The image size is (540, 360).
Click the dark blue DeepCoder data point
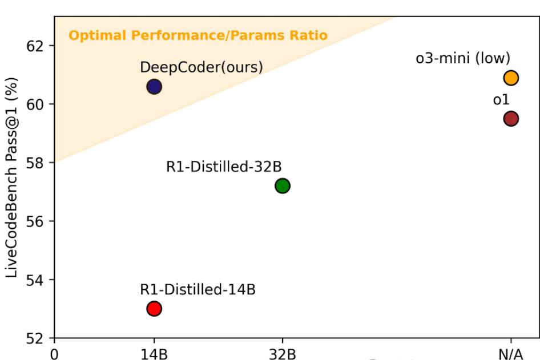pyautogui.click(x=154, y=87)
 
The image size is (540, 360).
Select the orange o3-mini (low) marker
pyautogui.click(x=511, y=78)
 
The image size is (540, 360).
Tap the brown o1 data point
pyautogui.click(x=511, y=119)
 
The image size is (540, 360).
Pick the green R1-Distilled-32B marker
pyautogui.click(x=283, y=185)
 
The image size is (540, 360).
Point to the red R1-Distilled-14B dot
pyautogui.click(x=154, y=309)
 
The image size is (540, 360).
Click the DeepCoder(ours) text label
pyautogui.click(x=202, y=67)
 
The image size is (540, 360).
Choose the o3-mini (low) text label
pyautogui.click(x=462, y=58)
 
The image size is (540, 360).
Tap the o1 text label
pyautogui.click(x=501, y=100)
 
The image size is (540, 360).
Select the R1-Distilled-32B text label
pyautogui.click(x=224, y=167)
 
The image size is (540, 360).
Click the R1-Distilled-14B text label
pyautogui.click(x=198, y=289)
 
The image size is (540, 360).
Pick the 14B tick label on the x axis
pyautogui.click(x=154, y=354)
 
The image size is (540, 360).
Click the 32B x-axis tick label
pyautogui.click(x=283, y=354)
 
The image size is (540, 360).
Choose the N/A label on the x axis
pyautogui.click(x=510, y=354)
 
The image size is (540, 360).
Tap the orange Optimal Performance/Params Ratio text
pyautogui.click(x=198, y=35)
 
